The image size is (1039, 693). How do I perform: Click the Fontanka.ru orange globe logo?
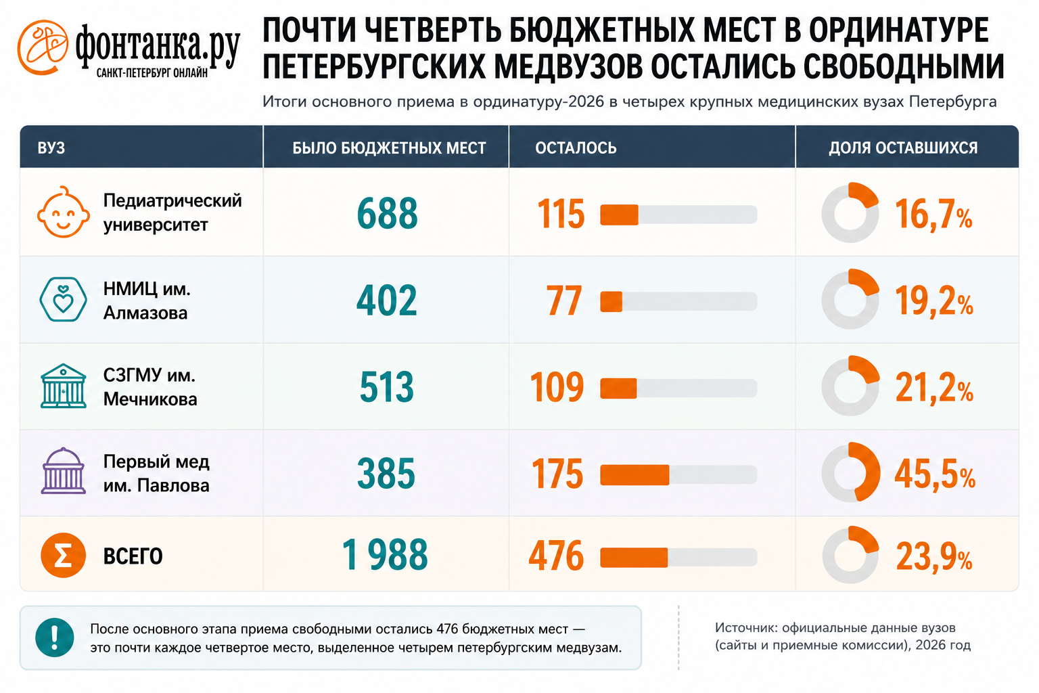coord(43,47)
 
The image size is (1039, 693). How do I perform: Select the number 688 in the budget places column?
coord(388,213)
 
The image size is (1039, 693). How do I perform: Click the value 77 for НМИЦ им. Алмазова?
coord(564,300)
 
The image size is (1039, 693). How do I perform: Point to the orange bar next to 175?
coord(634,475)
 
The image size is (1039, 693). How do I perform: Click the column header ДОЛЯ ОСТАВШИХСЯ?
coord(903,148)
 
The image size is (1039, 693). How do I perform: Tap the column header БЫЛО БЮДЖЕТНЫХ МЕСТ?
coord(389,148)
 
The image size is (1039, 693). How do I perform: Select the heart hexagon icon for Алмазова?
coord(63,299)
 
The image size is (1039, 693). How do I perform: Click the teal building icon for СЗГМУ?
coord(64,386)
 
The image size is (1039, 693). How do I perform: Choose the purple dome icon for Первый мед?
coord(64,470)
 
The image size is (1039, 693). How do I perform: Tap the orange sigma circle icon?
coord(63,555)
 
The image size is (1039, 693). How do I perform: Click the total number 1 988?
coord(385,555)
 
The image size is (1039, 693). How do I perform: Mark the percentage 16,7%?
coord(933,215)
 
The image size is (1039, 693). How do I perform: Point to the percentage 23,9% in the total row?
coord(934,556)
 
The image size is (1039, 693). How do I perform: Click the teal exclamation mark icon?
coord(55,638)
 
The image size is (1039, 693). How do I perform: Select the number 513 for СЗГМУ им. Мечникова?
coord(387,387)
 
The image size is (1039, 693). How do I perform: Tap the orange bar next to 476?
coord(634,558)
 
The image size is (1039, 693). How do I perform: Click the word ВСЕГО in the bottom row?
coord(133,556)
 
